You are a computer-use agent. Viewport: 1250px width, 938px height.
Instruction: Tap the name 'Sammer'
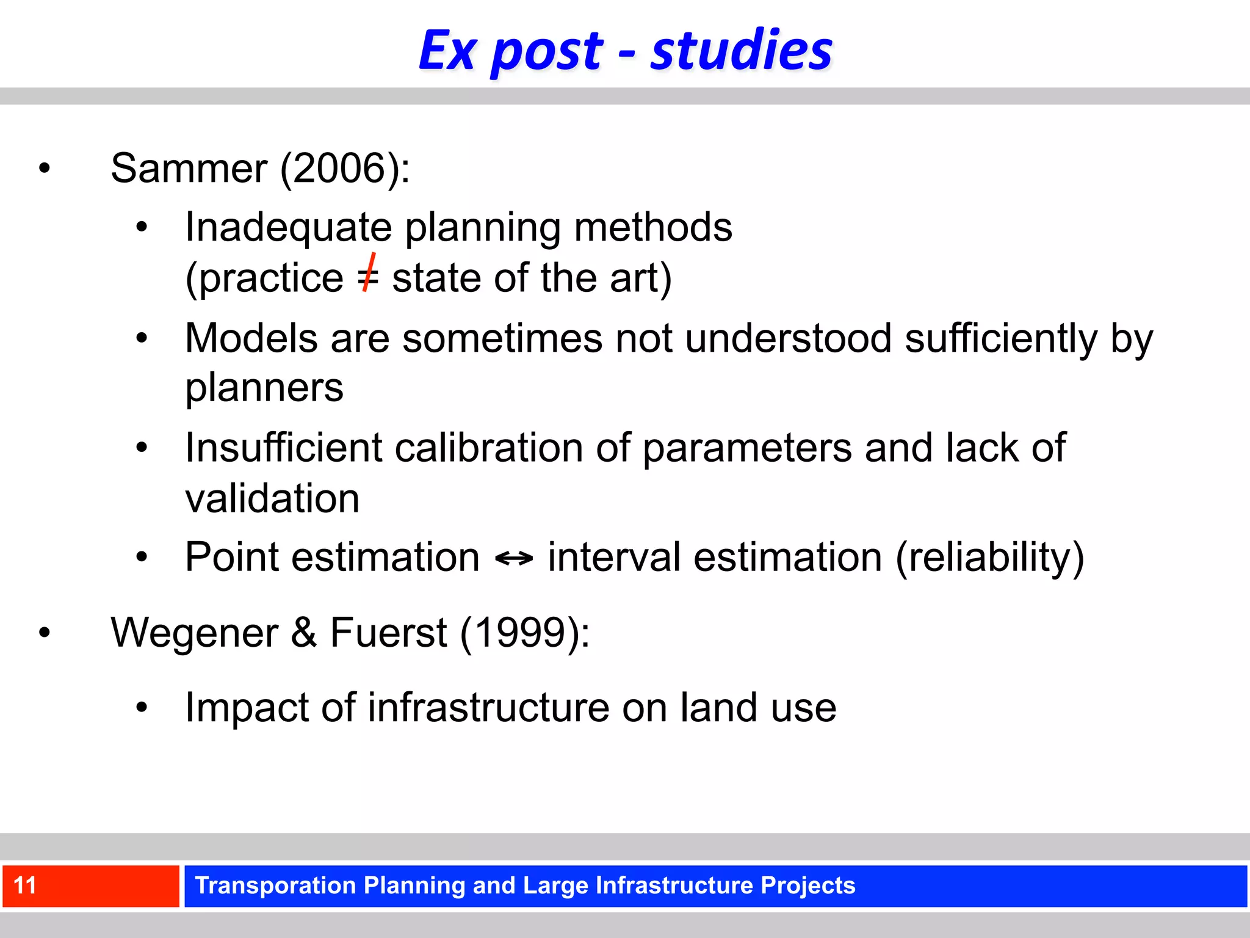click(189, 168)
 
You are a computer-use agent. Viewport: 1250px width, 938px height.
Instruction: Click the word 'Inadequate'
click(288, 227)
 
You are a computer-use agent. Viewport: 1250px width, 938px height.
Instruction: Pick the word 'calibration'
click(488, 448)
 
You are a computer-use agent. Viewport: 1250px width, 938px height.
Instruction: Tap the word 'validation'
click(272, 498)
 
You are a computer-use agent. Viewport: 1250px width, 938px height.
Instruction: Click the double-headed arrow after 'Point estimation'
click(513, 558)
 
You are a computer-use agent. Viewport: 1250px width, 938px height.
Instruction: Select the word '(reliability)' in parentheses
click(989, 558)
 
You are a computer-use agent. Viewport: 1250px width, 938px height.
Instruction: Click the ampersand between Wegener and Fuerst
click(303, 633)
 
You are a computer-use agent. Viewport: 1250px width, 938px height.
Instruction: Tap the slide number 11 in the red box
click(25, 885)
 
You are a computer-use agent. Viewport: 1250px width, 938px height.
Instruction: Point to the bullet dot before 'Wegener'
click(44, 633)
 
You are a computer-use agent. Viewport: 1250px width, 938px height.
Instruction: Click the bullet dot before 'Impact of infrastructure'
click(142, 708)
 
